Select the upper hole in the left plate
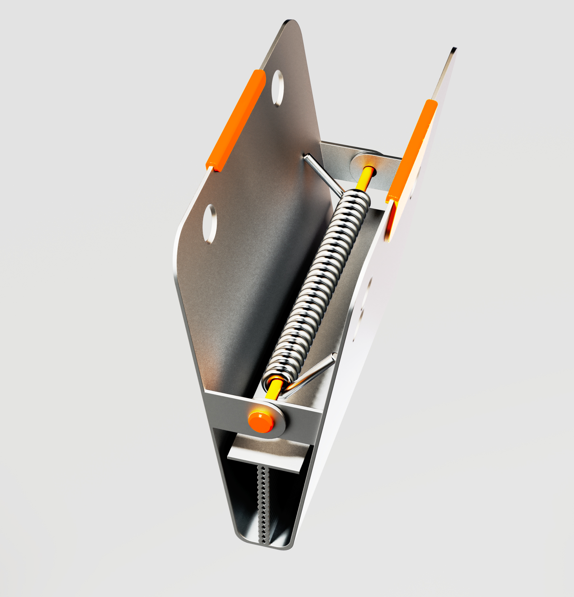coord(277,88)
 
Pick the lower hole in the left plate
coord(210,224)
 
